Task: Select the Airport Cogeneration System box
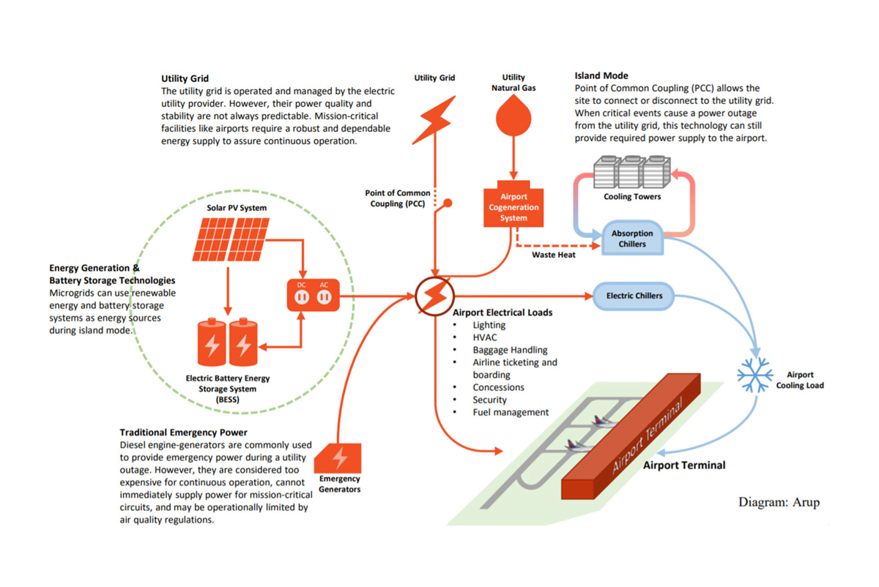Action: click(513, 208)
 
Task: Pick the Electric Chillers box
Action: click(634, 296)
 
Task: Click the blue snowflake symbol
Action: click(754, 375)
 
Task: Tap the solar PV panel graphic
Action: click(229, 238)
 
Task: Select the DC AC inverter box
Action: click(312, 295)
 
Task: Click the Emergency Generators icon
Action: click(339, 458)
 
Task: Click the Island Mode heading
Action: click(601, 75)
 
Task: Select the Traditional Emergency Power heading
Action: click(183, 433)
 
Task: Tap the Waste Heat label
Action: click(553, 255)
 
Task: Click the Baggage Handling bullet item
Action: click(510, 350)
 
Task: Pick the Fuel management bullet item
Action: click(511, 412)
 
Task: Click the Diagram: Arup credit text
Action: click(779, 502)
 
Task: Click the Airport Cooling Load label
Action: click(799, 380)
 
